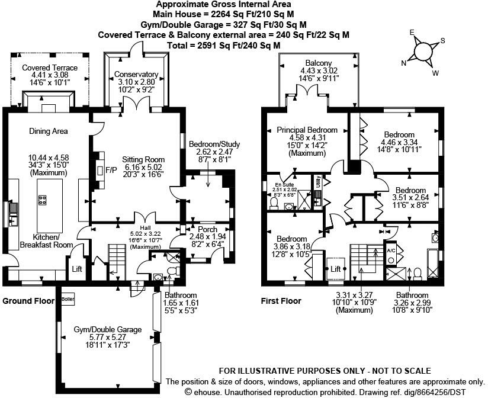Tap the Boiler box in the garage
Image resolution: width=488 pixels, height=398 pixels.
tap(68, 298)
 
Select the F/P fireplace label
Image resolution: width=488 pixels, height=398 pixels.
tap(111, 171)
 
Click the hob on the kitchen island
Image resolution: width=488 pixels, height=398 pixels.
tap(43, 200)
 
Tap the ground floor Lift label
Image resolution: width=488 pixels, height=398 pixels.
tap(77, 268)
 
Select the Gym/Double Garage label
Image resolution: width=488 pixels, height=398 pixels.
tap(108, 329)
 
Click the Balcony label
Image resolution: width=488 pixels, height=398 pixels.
tap(319, 63)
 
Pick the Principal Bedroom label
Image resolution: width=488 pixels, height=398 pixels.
tap(307, 130)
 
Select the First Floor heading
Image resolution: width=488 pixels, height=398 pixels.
tap(281, 301)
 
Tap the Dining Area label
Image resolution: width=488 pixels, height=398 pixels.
tap(48, 131)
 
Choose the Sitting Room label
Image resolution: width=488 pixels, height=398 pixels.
tap(143, 159)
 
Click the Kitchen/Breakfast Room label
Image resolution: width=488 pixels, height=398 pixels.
tap(46, 240)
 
